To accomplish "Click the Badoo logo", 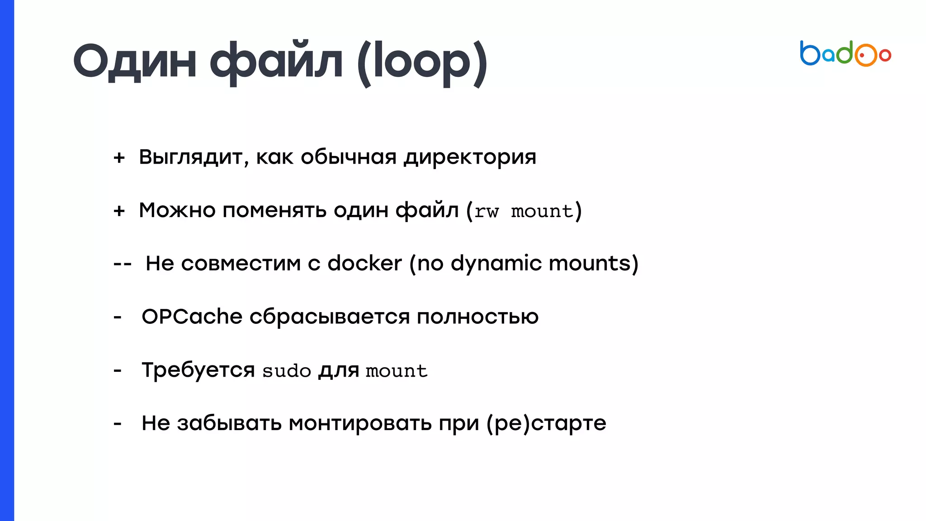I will pyautogui.click(x=845, y=54).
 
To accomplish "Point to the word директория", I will pyautogui.click(x=470, y=157).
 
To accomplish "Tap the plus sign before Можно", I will pyautogui.click(x=119, y=211).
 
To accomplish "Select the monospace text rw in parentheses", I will pyautogui.click(x=487, y=212).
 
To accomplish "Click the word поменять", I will pyautogui.click(x=274, y=210).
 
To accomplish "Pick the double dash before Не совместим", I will pyautogui.click(x=122, y=264).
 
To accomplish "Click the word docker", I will pyautogui.click(x=364, y=263).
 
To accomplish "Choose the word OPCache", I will pyautogui.click(x=192, y=317).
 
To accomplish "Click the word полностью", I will pyautogui.click(x=477, y=317).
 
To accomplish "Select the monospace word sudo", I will pyautogui.click(x=287, y=371).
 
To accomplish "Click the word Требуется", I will pyautogui.click(x=198, y=370).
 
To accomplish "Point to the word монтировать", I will pyautogui.click(x=360, y=424).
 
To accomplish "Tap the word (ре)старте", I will pyautogui.click(x=546, y=424).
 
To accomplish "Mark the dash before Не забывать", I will pyautogui.click(x=118, y=424).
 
